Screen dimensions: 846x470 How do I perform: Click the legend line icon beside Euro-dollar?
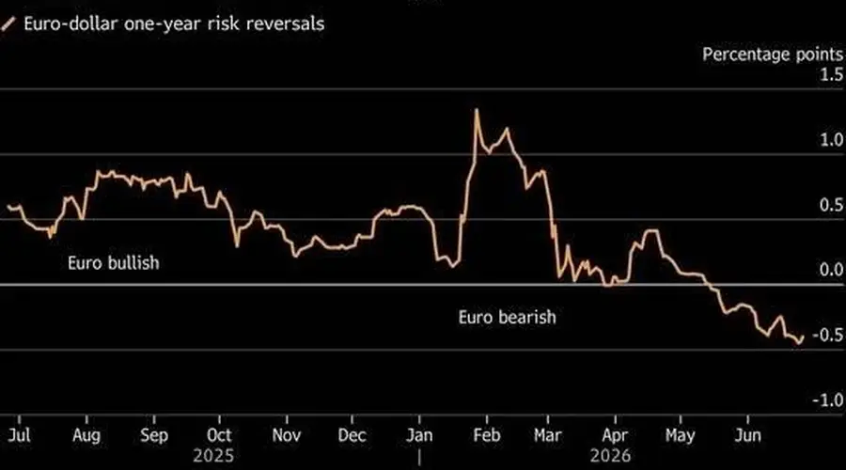tap(8, 23)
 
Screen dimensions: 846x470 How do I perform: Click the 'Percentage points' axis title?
tap(773, 55)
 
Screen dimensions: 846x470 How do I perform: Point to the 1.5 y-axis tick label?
tap(832, 74)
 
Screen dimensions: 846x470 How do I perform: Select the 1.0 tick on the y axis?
tap(832, 140)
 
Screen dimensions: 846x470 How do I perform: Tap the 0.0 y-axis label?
tap(832, 269)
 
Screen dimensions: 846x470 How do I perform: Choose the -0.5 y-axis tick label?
tap(827, 335)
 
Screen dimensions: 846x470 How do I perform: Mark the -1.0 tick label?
tap(827, 399)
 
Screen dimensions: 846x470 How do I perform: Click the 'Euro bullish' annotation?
tap(114, 263)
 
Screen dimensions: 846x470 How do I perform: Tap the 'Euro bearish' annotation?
tap(508, 317)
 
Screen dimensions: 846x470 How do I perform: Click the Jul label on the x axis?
tap(19, 435)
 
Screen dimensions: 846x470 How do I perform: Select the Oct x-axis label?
tap(219, 435)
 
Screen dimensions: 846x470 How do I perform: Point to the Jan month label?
tap(419, 435)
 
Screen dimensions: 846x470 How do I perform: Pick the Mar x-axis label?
tap(548, 435)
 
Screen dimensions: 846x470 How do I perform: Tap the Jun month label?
tap(748, 435)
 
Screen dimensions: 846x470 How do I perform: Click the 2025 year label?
tap(213, 456)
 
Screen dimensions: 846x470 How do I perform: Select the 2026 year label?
tap(610, 456)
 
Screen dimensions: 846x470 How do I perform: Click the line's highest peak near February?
tap(477, 110)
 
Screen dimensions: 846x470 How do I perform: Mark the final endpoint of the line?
tap(804, 337)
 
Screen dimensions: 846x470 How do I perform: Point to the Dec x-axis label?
tap(352, 435)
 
